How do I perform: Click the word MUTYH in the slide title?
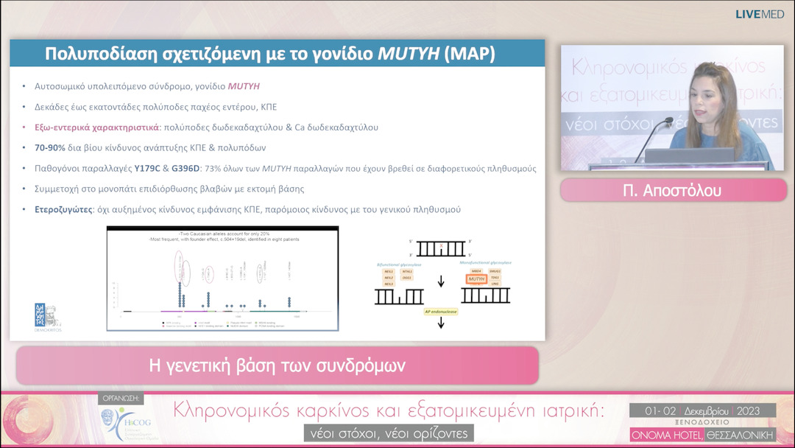click(x=409, y=54)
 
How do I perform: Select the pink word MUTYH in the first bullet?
click(x=244, y=86)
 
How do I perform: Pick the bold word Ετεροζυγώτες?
click(x=64, y=210)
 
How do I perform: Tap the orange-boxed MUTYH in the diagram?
click(x=477, y=279)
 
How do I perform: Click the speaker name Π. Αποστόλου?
click(x=672, y=191)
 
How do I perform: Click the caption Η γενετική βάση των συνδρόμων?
click(x=277, y=365)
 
